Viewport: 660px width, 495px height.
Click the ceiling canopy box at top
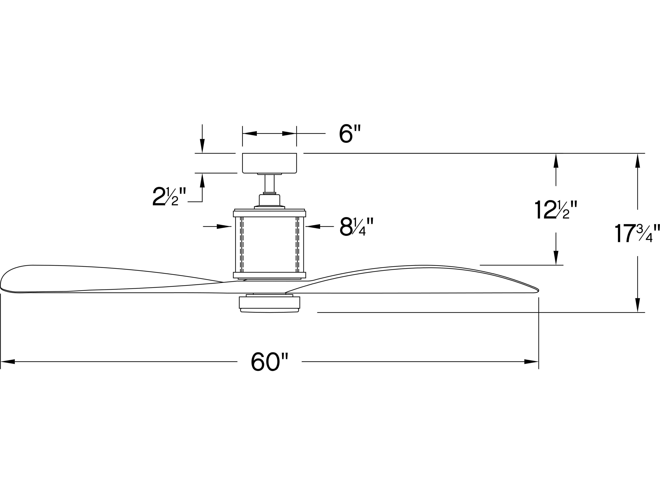click(x=269, y=163)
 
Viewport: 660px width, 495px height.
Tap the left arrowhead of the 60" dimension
click(x=7, y=362)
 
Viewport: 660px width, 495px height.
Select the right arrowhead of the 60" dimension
click(x=532, y=362)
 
